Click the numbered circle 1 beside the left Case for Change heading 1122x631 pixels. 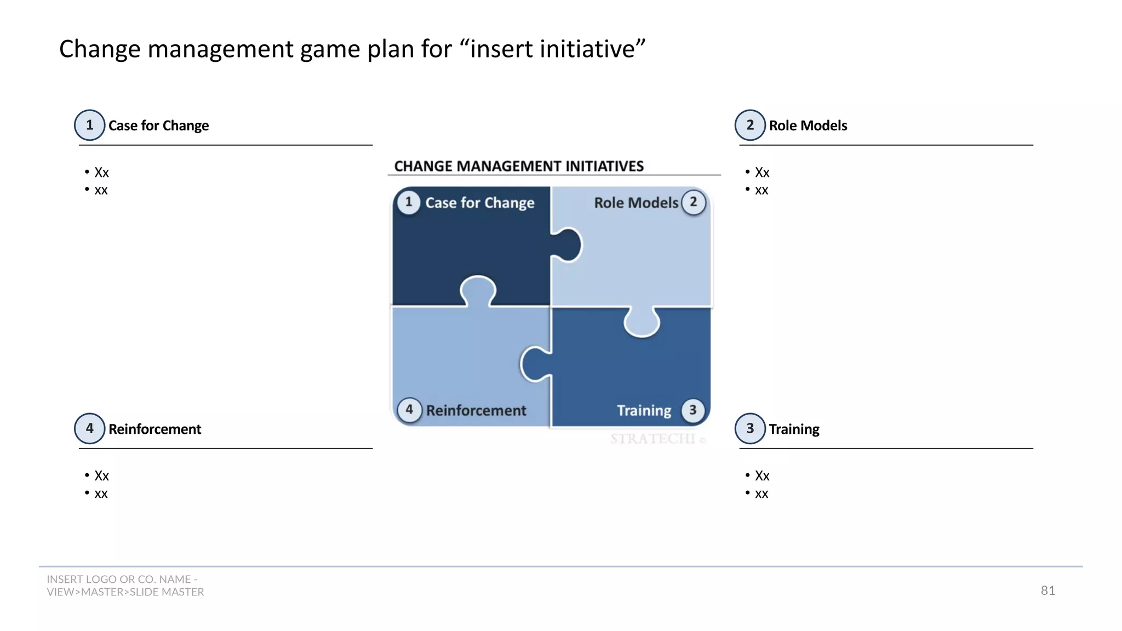click(90, 125)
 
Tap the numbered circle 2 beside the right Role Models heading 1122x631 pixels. click(750, 125)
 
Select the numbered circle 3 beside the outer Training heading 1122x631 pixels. click(750, 428)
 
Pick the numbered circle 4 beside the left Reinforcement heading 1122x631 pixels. click(90, 428)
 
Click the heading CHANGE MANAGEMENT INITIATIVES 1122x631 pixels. click(518, 166)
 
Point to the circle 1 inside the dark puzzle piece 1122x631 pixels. click(409, 202)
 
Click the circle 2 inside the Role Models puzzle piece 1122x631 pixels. click(694, 202)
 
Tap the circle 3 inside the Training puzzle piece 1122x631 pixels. click(693, 410)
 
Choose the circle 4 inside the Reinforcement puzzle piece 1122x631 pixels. click(409, 410)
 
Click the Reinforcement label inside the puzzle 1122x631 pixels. click(476, 411)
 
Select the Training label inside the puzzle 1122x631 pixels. click(644, 411)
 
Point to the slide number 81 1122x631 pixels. click(1047, 590)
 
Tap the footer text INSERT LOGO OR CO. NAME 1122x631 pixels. click(122, 580)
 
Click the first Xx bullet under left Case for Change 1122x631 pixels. click(101, 173)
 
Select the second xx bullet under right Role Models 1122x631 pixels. click(762, 191)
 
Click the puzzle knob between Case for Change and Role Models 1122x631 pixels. click(569, 245)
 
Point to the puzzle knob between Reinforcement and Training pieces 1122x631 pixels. click(534, 364)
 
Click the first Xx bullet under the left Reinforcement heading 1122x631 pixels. click(101, 476)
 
